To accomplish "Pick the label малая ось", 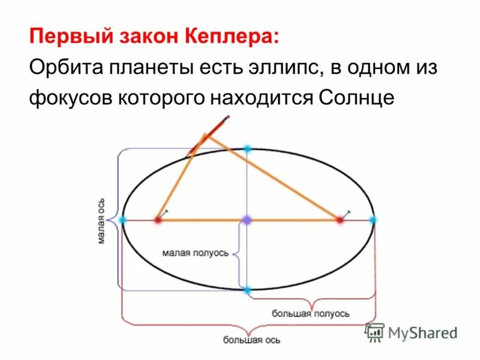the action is point(103,220).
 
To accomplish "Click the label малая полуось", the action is point(195,253).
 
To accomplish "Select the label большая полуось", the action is point(310,313).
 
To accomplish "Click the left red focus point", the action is point(158,220).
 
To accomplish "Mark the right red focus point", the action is point(340,220).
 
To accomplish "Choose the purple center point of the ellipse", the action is point(247,220).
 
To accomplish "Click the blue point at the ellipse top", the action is point(247,148).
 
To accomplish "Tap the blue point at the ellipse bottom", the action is point(247,290).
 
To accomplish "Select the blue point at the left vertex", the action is point(123,220).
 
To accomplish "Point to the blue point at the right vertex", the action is point(373,220).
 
